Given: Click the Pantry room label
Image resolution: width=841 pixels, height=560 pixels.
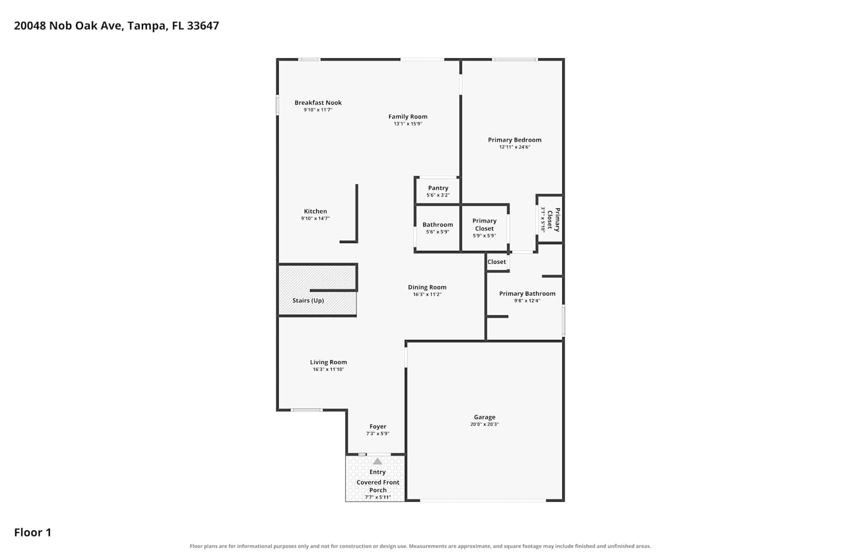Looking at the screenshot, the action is click(x=438, y=188).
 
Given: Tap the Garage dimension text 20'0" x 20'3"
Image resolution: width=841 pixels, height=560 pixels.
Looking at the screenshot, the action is click(x=484, y=424).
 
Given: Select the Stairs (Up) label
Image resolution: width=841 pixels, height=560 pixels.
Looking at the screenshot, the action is click(x=308, y=301).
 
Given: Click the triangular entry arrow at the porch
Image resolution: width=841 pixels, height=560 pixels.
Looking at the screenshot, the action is click(x=377, y=461).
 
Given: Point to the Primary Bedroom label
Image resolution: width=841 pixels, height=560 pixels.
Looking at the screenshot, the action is click(x=514, y=140).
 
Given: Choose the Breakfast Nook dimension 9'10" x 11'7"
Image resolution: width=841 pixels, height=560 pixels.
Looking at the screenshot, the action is click(x=318, y=110).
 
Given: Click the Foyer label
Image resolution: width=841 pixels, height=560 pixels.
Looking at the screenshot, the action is click(x=378, y=427).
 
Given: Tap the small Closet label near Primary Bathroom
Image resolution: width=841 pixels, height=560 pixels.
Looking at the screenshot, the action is click(x=496, y=262).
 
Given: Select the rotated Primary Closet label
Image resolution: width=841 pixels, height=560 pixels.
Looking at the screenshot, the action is click(x=553, y=220).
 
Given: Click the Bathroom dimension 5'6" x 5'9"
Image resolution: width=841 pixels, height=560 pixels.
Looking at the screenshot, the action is click(x=437, y=232).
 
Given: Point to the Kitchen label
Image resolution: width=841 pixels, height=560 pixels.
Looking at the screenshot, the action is click(x=315, y=211).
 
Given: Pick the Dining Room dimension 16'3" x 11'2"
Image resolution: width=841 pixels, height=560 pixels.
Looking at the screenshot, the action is click(x=427, y=295).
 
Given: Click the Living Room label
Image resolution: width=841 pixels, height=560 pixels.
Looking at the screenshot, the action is click(x=328, y=362).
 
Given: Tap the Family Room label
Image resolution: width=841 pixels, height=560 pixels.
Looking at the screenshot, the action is click(x=408, y=116).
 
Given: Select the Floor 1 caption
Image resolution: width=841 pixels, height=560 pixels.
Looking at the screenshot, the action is click(x=33, y=532).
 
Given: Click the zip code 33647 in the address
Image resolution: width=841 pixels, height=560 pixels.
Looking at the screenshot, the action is click(x=203, y=26).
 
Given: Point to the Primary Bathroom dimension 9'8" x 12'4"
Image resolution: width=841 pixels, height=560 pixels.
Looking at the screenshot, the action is click(x=527, y=301).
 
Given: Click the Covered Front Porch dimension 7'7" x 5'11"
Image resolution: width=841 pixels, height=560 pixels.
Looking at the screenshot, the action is click(x=378, y=497).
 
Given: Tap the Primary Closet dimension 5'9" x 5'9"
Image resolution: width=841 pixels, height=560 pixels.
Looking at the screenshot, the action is click(x=484, y=236).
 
